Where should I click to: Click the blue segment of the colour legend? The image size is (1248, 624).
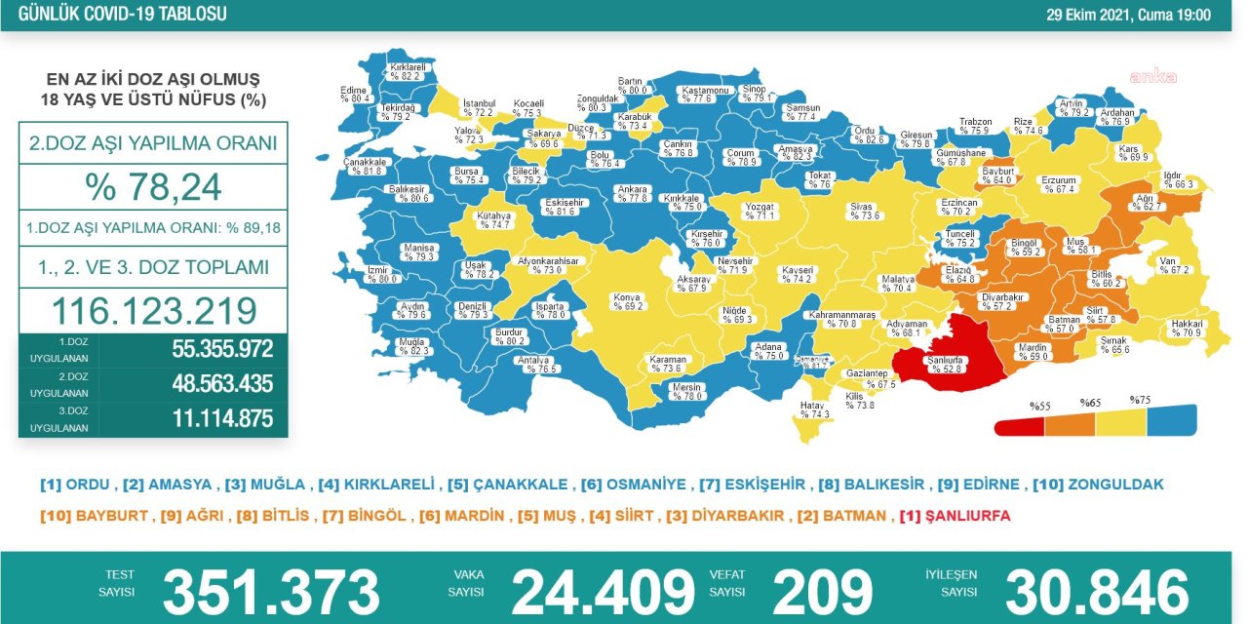[x=1170, y=421]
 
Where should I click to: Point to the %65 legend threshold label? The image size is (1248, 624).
[x=1089, y=402]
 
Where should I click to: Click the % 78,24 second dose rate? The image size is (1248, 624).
[x=153, y=186]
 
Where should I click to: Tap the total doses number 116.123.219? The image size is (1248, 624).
[x=153, y=311]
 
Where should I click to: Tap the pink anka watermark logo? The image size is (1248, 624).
[x=1152, y=77]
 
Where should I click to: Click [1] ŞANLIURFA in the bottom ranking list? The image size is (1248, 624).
[x=955, y=516]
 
